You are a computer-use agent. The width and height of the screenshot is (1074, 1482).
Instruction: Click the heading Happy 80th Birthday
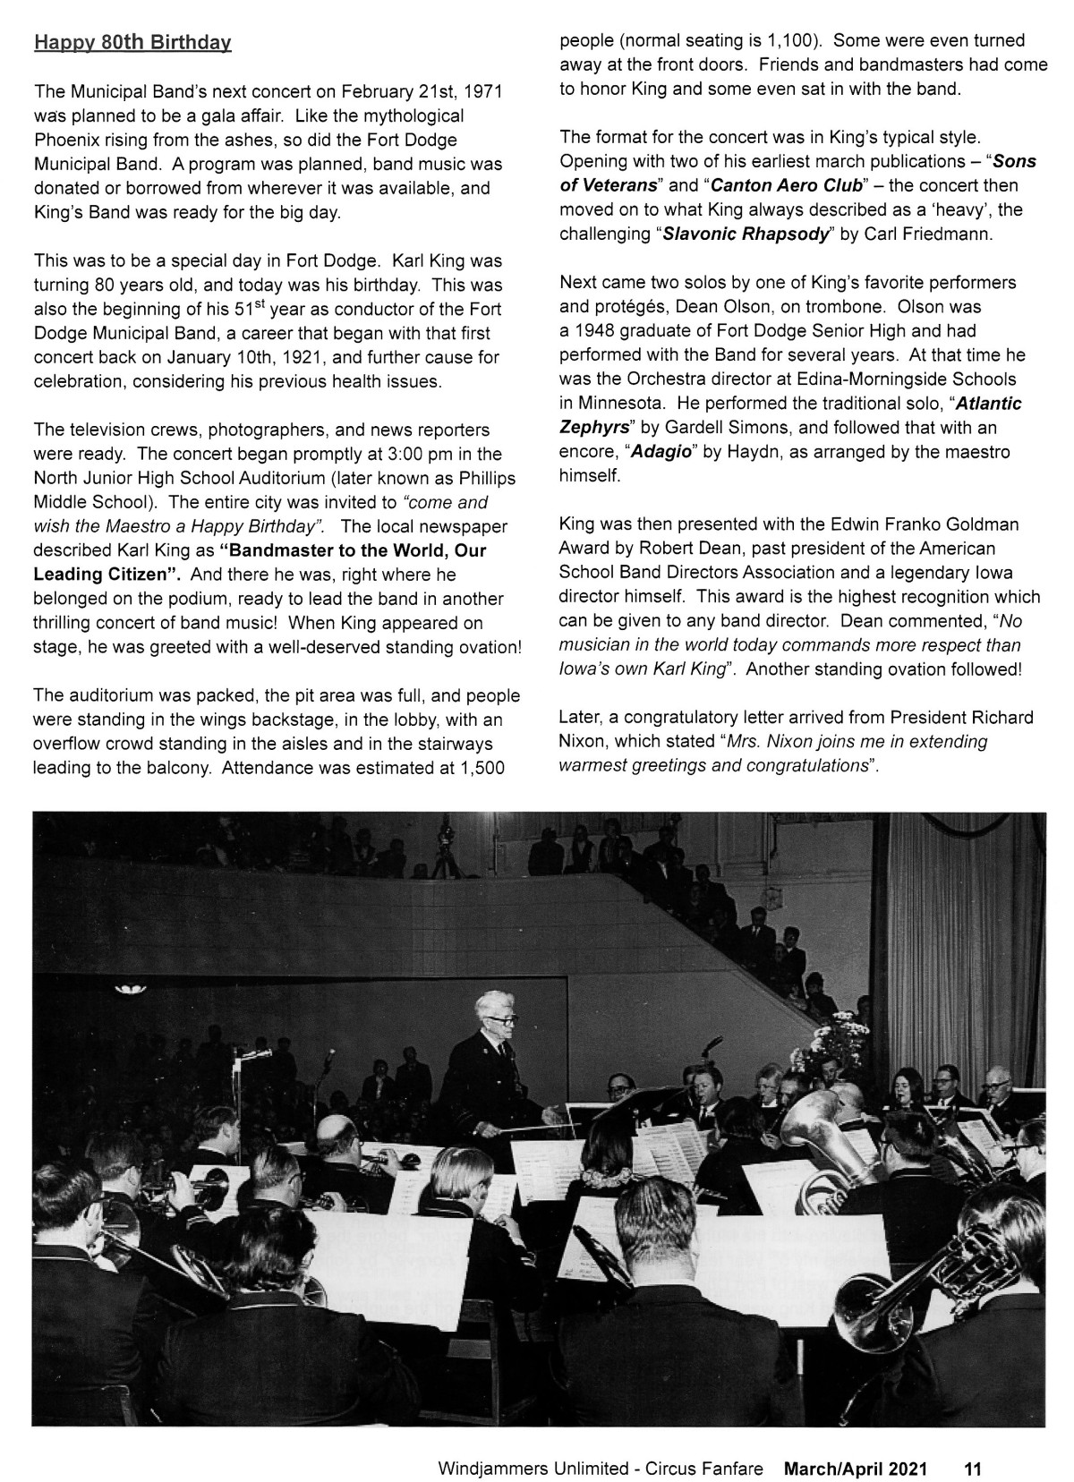click(x=132, y=43)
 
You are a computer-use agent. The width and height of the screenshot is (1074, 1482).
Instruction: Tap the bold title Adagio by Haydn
click(x=662, y=452)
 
